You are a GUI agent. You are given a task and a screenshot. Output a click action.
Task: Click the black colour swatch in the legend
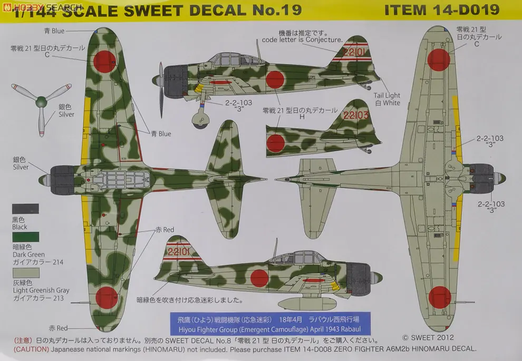(x=25, y=208)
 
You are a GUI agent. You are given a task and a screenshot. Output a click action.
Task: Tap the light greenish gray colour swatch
(x=25, y=273)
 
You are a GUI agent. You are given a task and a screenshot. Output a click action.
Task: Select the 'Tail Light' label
(x=387, y=96)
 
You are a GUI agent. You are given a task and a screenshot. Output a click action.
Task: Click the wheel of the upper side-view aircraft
(x=201, y=122)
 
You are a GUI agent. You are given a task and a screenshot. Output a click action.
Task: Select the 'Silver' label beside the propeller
(x=66, y=114)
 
